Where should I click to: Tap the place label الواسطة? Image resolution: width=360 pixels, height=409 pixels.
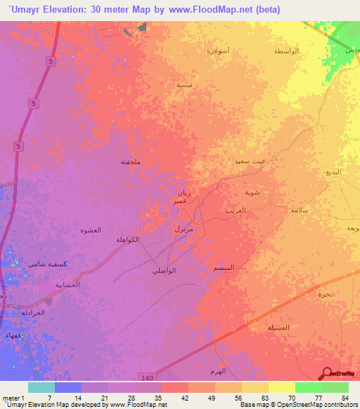tap(286, 51)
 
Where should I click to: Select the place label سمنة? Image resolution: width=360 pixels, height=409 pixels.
tap(184, 84)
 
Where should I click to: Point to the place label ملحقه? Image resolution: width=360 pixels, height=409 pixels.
tap(131, 161)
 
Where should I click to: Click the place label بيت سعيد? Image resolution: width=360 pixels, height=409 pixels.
tap(251, 162)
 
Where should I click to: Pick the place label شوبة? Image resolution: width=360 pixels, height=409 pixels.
tap(252, 192)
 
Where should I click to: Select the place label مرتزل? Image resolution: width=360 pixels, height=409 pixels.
tap(184, 229)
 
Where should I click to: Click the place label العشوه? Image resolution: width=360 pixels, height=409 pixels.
tap(91, 231)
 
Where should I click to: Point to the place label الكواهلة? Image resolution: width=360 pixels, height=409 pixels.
tap(127, 240)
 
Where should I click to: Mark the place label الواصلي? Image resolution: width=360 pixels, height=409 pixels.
tap(164, 271)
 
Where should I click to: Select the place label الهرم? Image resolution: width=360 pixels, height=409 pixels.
tap(218, 370)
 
